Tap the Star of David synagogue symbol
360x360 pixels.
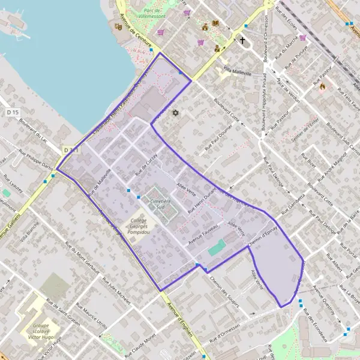click(176, 113)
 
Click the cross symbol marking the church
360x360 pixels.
click(243, 41)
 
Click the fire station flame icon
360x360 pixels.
click(322, 86)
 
